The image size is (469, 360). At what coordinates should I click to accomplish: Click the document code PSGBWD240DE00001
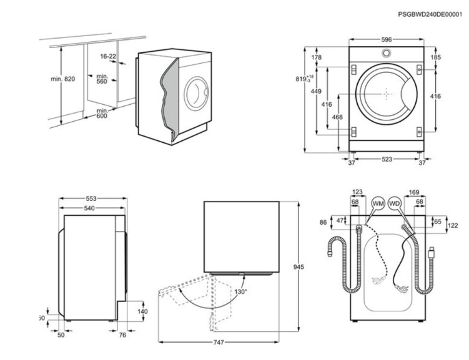tap(431, 14)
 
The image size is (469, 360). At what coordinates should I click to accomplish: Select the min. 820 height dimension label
tap(62, 79)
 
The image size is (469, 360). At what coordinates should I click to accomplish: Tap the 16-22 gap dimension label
tap(108, 56)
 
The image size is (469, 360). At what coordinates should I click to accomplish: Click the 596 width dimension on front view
tap(387, 39)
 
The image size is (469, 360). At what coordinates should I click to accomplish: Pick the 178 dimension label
tap(316, 58)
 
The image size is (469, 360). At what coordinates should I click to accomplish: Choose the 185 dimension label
tap(435, 57)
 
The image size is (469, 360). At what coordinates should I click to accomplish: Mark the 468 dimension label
tap(337, 117)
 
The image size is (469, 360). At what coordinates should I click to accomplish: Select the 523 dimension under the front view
tap(387, 160)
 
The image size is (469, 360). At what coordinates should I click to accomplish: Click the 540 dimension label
tap(90, 208)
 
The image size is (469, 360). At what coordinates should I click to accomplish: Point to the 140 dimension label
tap(142, 311)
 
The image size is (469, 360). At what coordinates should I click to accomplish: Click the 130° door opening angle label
tap(240, 291)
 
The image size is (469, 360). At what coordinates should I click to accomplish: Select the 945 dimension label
tap(299, 267)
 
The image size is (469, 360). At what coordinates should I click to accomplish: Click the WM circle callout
tap(377, 204)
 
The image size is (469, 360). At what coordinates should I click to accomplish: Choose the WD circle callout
tap(394, 204)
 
